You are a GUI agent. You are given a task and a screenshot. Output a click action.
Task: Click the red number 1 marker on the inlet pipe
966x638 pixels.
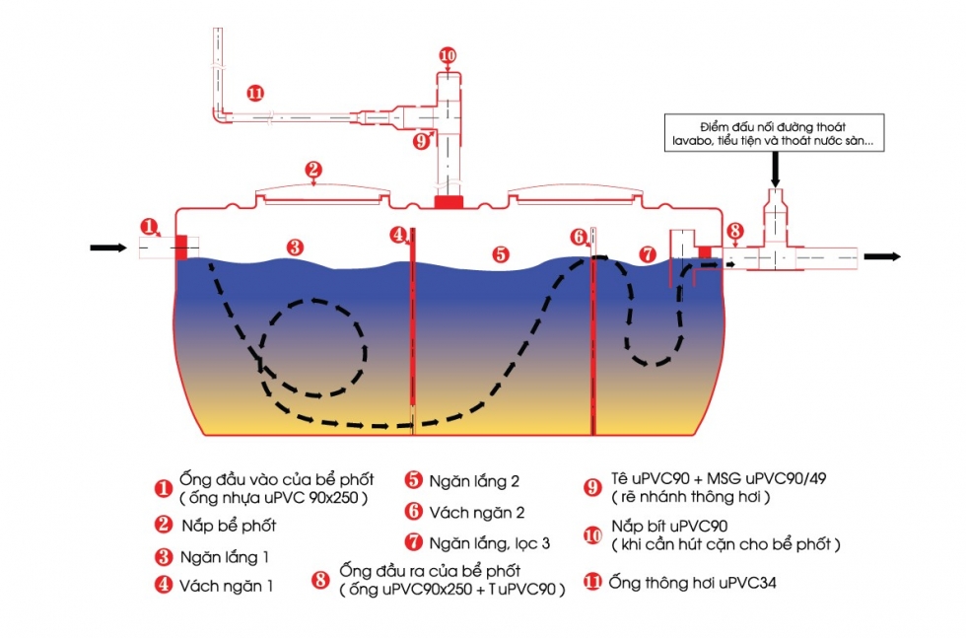tap(149, 226)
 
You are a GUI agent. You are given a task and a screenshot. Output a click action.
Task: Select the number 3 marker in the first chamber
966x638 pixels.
tap(294, 248)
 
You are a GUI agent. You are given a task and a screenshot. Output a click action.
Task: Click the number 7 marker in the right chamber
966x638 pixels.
tap(648, 253)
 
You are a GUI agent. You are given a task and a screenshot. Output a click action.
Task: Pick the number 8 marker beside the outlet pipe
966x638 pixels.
tap(734, 232)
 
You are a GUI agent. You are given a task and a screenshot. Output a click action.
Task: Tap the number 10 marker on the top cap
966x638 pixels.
tap(448, 55)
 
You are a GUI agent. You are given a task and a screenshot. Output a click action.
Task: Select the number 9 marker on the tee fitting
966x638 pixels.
tap(422, 140)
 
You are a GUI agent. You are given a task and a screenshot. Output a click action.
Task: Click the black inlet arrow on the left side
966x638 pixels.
tap(108, 248)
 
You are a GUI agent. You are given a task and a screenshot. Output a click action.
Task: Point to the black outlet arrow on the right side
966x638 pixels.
tap(882, 256)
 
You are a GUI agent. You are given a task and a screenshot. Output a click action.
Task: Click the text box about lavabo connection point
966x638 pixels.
tap(775, 134)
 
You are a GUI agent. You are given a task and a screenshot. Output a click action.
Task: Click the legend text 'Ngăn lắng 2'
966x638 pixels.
tap(473, 482)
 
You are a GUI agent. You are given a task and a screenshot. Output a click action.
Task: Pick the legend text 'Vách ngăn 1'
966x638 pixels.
tap(226, 585)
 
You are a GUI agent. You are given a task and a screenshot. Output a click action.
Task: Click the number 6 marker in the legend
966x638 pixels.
tap(414, 512)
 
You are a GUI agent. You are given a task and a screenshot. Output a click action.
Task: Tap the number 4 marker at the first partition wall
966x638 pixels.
tap(398, 235)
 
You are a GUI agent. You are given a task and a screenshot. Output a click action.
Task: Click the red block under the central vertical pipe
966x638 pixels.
tap(448, 202)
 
